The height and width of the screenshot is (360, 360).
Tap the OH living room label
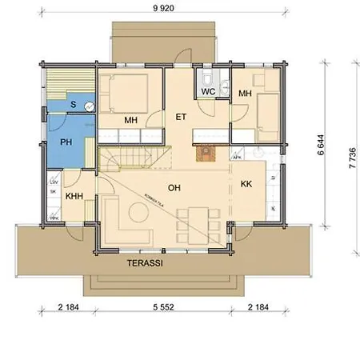[x=173, y=188]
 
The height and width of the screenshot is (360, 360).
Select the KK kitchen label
[x=246, y=184]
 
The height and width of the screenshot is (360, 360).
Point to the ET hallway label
[x=181, y=118]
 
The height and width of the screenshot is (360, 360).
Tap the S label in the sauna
[x=73, y=105]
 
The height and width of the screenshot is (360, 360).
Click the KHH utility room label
[x=75, y=195]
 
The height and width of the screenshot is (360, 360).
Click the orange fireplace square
[x=206, y=150]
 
